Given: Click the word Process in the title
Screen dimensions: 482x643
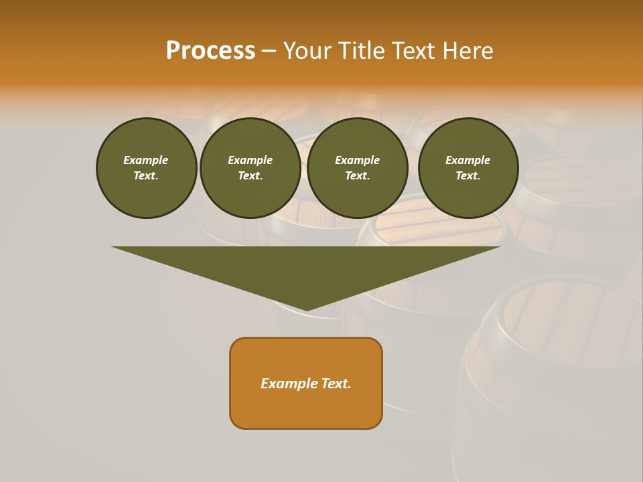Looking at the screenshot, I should tap(210, 51).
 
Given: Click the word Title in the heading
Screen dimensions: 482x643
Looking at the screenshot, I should tap(359, 51).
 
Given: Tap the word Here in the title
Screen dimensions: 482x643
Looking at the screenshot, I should tap(466, 51).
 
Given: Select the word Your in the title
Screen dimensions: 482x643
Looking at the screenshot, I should tap(307, 51).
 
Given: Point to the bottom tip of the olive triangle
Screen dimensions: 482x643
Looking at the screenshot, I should tap(306, 309).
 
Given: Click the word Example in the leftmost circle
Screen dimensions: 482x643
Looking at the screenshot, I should tap(146, 160).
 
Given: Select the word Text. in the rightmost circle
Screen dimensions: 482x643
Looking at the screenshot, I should tap(468, 175).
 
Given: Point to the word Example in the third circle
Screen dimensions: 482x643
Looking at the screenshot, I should tap(357, 160).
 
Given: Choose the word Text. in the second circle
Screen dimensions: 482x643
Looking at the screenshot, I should tap(250, 175).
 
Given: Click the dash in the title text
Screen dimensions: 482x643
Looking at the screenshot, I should tap(269, 52).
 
